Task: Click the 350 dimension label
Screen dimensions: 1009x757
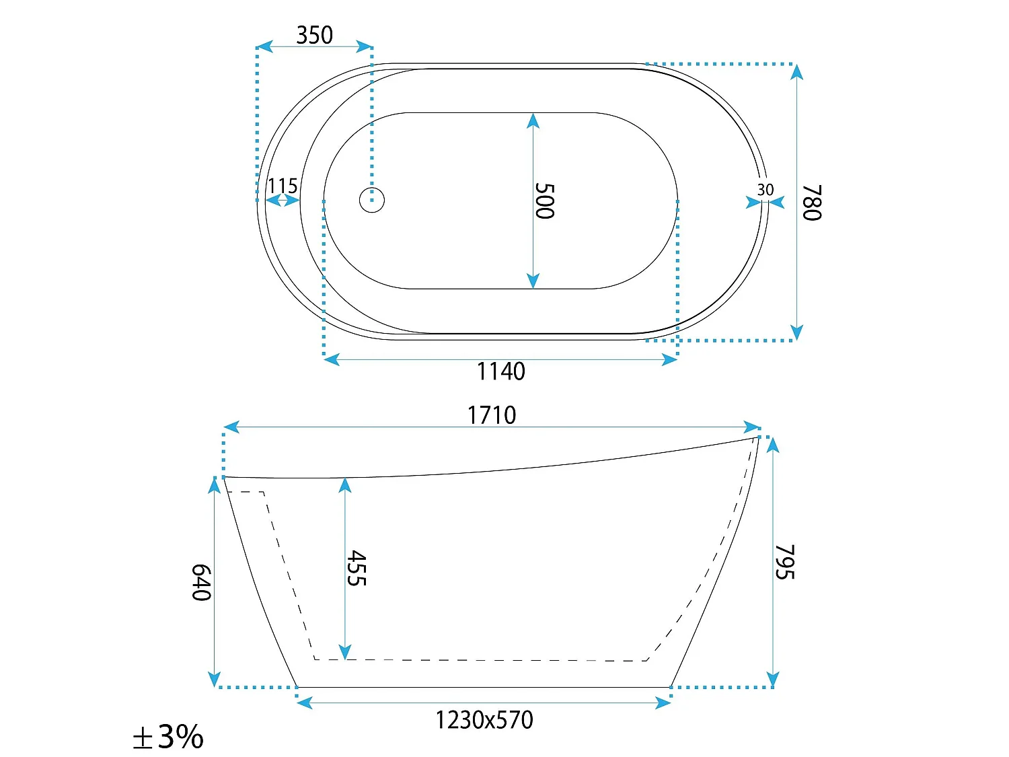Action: click(314, 35)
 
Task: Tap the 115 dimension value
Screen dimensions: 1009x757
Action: click(283, 186)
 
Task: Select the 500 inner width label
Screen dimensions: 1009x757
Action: click(545, 201)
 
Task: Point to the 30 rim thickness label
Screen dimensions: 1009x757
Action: click(765, 189)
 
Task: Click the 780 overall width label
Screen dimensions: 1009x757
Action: click(812, 203)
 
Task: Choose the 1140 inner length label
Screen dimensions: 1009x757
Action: click(500, 371)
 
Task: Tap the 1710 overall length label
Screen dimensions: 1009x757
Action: click(492, 415)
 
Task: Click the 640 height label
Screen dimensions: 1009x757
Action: click(201, 582)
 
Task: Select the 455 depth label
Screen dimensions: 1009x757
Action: click(357, 568)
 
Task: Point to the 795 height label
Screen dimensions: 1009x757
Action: click(785, 562)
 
